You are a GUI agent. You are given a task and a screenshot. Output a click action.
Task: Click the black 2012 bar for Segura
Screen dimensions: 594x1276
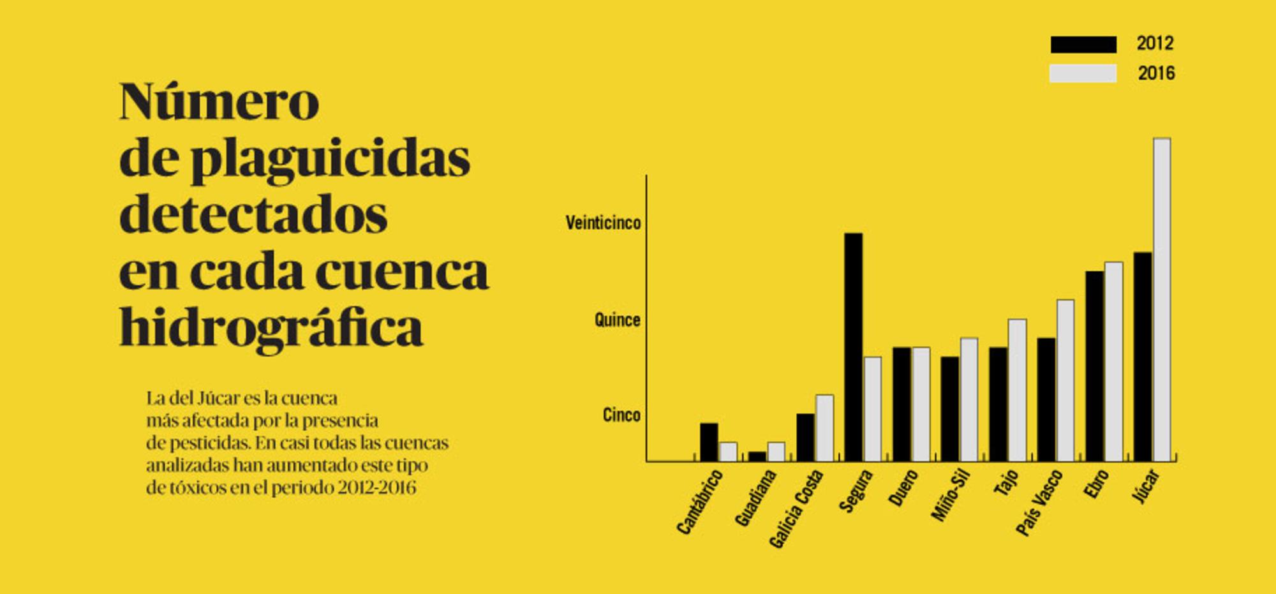(x=854, y=347)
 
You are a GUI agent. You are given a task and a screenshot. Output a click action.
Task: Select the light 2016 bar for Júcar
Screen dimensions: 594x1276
(x=1162, y=300)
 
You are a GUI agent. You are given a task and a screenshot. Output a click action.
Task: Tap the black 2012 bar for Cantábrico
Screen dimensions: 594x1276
(x=709, y=442)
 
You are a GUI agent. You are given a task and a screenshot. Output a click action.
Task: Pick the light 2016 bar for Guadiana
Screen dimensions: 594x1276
(x=776, y=452)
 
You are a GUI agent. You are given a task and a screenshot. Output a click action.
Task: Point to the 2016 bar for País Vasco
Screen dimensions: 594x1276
(x=1065, y=380)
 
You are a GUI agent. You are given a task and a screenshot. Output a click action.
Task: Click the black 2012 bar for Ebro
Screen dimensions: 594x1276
(x=1095, y=366)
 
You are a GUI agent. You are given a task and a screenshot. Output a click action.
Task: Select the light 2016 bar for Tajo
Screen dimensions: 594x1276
(x=1017, y=390)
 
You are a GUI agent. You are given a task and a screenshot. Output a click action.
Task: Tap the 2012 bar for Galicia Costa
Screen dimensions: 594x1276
(x=805, y=438)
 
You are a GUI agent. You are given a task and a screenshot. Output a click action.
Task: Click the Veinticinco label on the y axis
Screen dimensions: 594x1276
(x=603, y=223)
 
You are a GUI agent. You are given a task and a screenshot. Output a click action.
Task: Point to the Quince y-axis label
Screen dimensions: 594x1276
(x=617, y=320)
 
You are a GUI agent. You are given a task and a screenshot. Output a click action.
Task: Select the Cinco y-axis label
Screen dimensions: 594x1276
(x=621, y=415)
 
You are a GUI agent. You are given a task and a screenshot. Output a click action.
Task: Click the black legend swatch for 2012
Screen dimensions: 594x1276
(x=1083, y=44)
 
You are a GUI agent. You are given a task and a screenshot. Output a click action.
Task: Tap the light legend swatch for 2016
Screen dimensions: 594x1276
(x=1083, y=73)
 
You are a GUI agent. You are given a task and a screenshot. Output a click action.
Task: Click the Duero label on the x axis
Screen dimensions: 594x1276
(x=903, y=488)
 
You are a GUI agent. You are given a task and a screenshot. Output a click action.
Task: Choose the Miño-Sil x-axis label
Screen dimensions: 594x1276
(x=951, y=495)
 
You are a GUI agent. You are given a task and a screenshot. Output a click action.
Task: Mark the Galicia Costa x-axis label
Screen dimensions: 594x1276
(x=797, y=509)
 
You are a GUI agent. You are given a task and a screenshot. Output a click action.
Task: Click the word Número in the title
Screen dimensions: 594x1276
(x=219, y=101)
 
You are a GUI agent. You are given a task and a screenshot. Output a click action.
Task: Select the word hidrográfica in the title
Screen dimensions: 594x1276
(x=271, y=328)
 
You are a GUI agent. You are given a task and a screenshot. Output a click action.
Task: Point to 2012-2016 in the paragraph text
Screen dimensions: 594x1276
(x=377, y=488)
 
